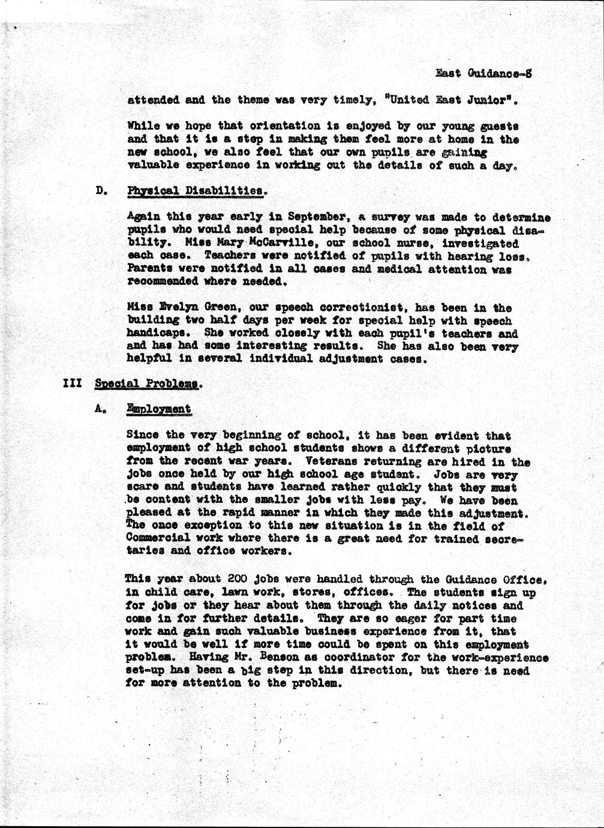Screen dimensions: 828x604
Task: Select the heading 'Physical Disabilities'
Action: click(x=195, y=191)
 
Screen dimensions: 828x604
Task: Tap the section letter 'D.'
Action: click(x=101, y=191)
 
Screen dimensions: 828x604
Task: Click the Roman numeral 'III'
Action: click(x=72, y=383)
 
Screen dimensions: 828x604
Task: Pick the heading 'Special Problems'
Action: click(x=146, y=384)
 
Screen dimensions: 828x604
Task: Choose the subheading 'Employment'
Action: click(x=159, y=409)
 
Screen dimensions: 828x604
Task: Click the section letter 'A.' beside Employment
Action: click(x=101, y=410)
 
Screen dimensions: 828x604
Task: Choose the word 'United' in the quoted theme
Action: click(x=412, y=100)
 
